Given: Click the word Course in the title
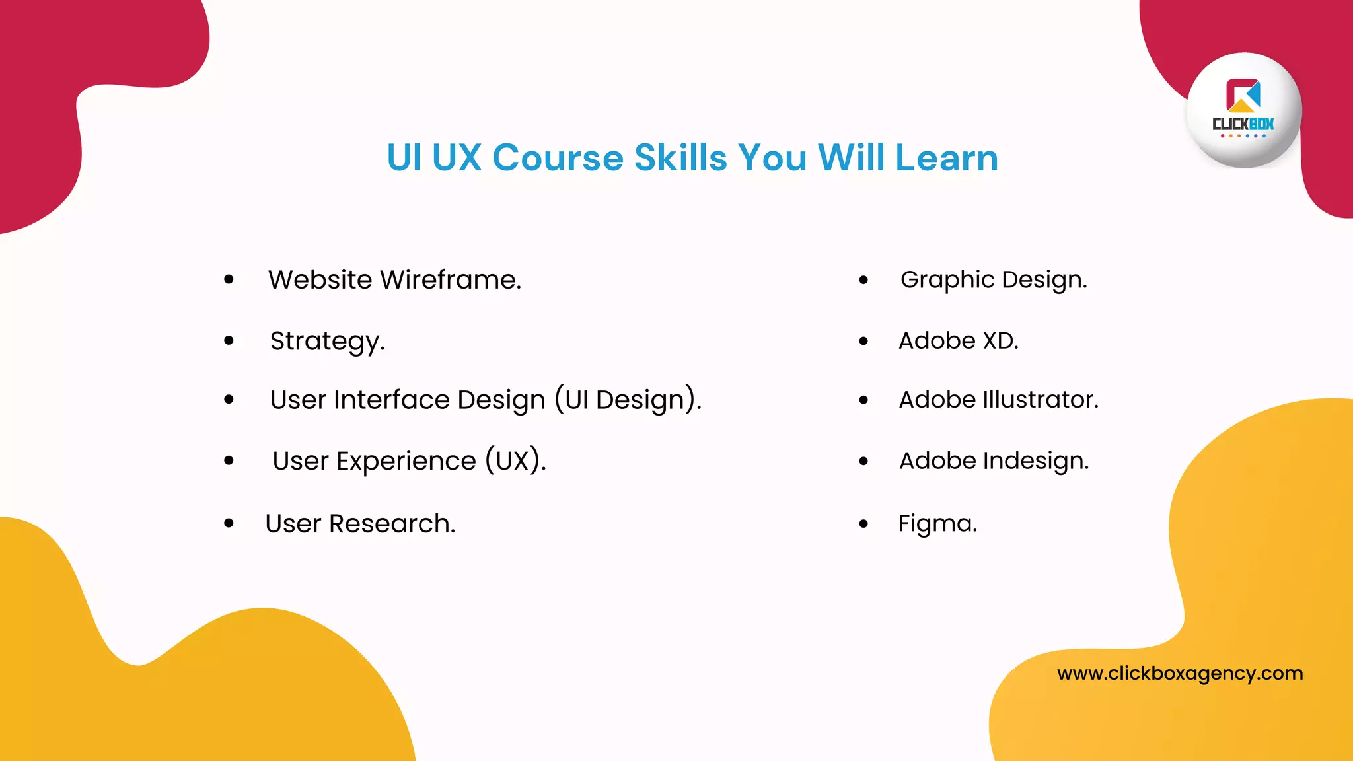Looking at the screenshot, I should click(x=558, y=158).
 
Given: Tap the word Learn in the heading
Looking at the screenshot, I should click(x=946, y=158).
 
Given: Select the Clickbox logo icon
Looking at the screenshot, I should click(x=1243, y=96).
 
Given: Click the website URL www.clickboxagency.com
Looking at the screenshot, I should click(x=1180, y=673).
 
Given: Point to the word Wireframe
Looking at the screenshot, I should click(x=451, y=279).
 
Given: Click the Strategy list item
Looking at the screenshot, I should click(x=327, y=341).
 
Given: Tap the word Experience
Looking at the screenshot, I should click(x=406, y=460).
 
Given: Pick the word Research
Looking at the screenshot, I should click(x=392, y=523).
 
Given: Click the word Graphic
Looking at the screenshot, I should click(x=947, y=279).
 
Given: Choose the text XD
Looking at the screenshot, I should click(x=1000, y=340).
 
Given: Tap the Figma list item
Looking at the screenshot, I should click(x=937, y=523).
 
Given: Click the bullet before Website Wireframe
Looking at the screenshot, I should click(x=229, y=279).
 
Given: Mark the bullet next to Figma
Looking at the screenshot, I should click(x=863, y=524).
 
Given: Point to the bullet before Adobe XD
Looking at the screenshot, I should click(x=863, y=341).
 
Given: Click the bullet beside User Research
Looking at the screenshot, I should click(x=229, y=523).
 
